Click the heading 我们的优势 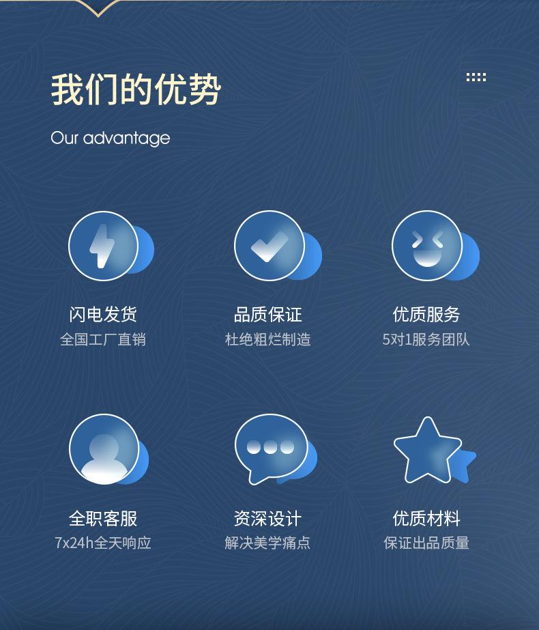point(136,89)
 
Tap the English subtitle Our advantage point(111,138)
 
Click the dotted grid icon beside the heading point(476,77)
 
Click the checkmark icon point(269,246)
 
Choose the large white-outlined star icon point(427,450)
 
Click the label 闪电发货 point(103,314)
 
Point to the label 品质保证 point(268,314)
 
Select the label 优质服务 point(426,314)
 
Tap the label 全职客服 point(103,518)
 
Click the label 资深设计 point(268,518)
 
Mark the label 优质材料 point(426,518)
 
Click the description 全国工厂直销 point(103,339)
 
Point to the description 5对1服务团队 point(426,339)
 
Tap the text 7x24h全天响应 point(103,543)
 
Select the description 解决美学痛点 point(267,543)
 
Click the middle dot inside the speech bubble point(270,447)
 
